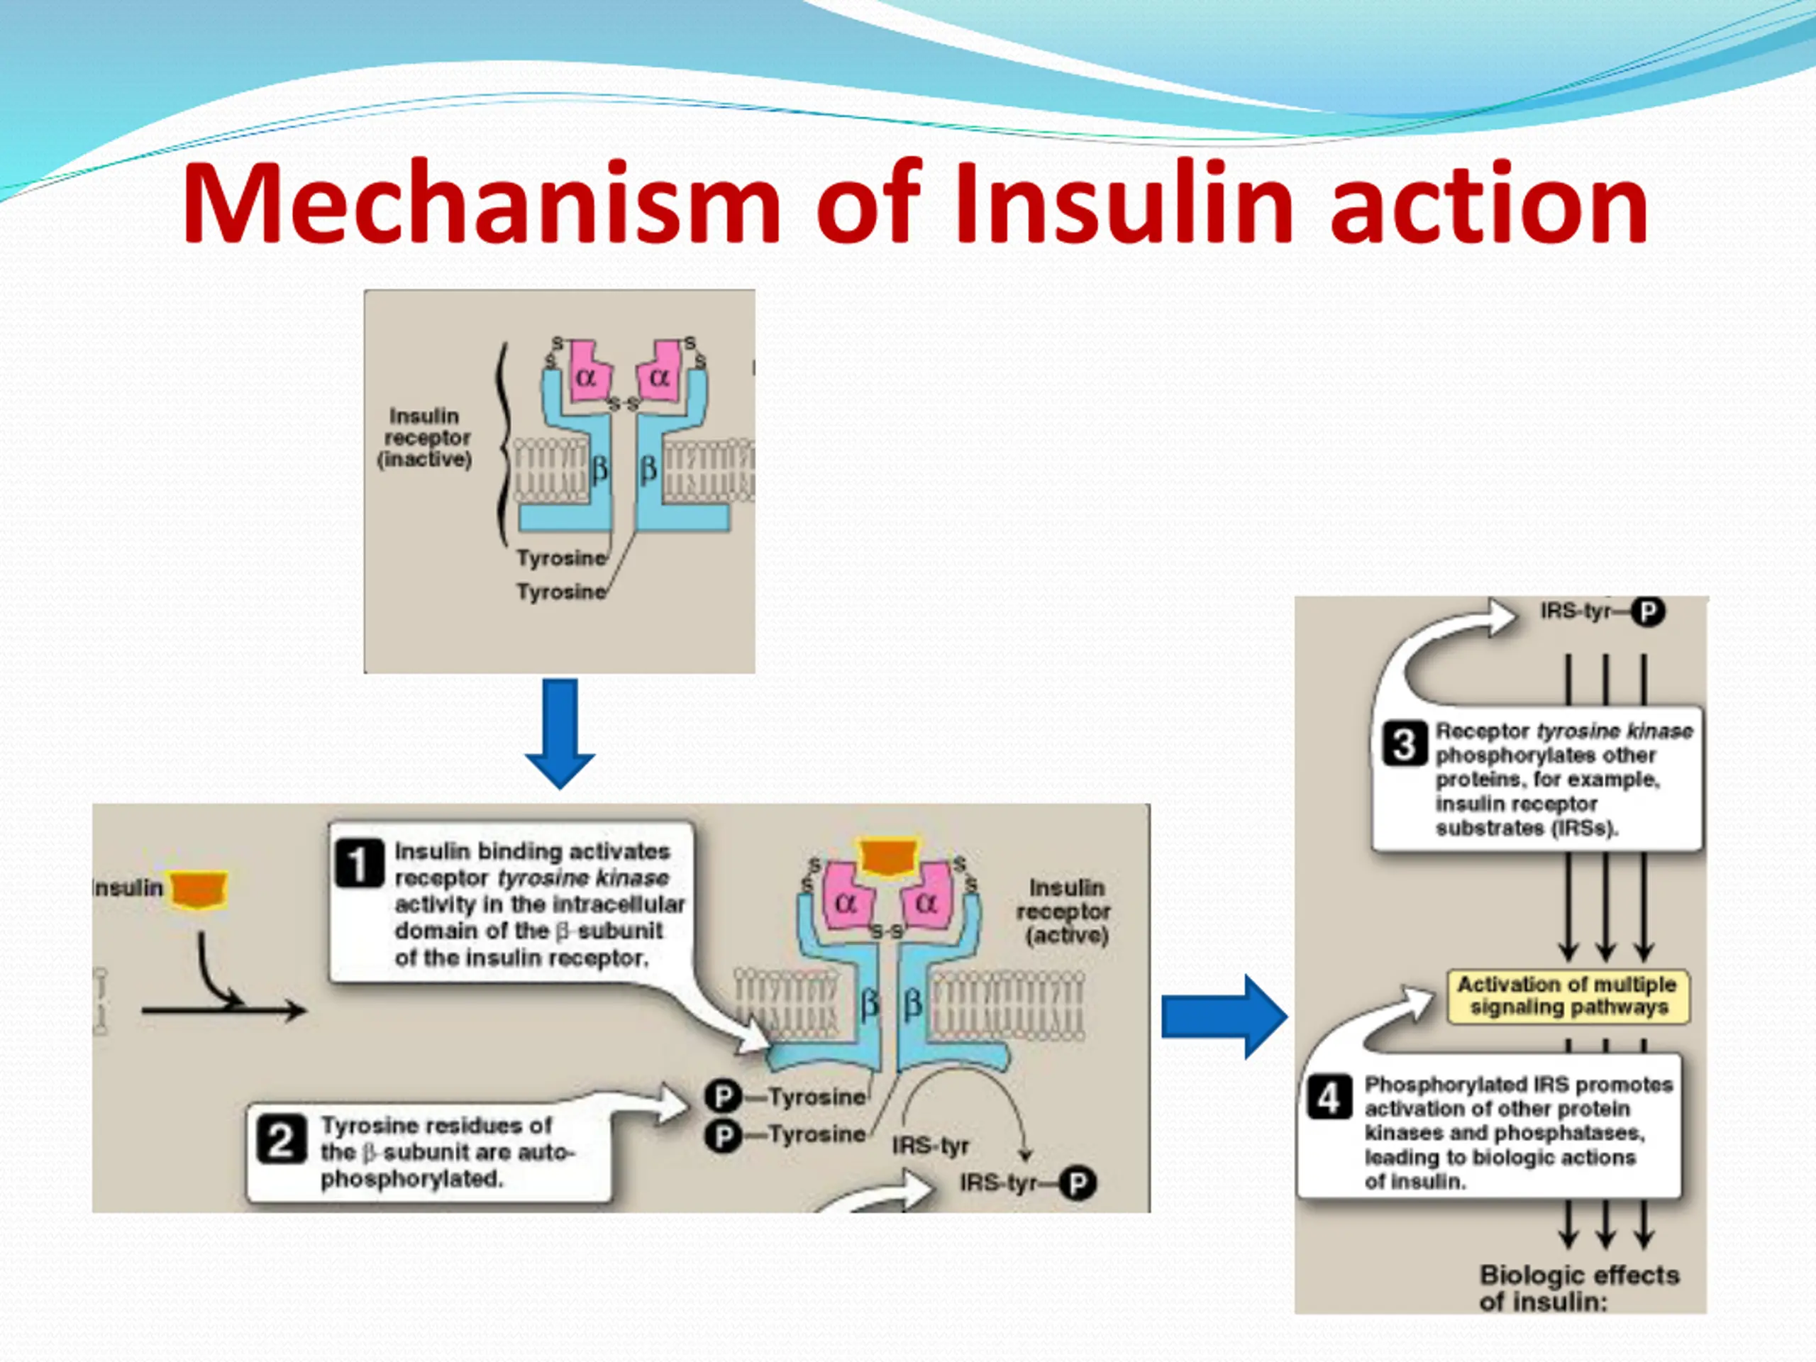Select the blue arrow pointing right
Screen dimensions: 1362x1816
[1223, 1017]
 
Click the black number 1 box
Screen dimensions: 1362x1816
[359, 864]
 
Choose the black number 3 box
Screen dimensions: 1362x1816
[1404, 744]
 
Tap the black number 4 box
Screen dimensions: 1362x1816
[1329, 1097]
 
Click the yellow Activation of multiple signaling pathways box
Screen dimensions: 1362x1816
[1568, 996]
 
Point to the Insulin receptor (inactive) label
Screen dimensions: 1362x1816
[424, 438]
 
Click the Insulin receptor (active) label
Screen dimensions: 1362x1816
[1065, 912]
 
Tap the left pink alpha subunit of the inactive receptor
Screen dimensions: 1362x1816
[586, 374]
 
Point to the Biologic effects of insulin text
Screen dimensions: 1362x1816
[1578, 1288]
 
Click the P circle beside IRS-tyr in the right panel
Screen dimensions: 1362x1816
[1647, 611]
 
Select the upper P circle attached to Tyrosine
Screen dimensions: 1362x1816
[722, 1097]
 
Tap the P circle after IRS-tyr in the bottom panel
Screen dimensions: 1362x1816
[1077, 1184]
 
